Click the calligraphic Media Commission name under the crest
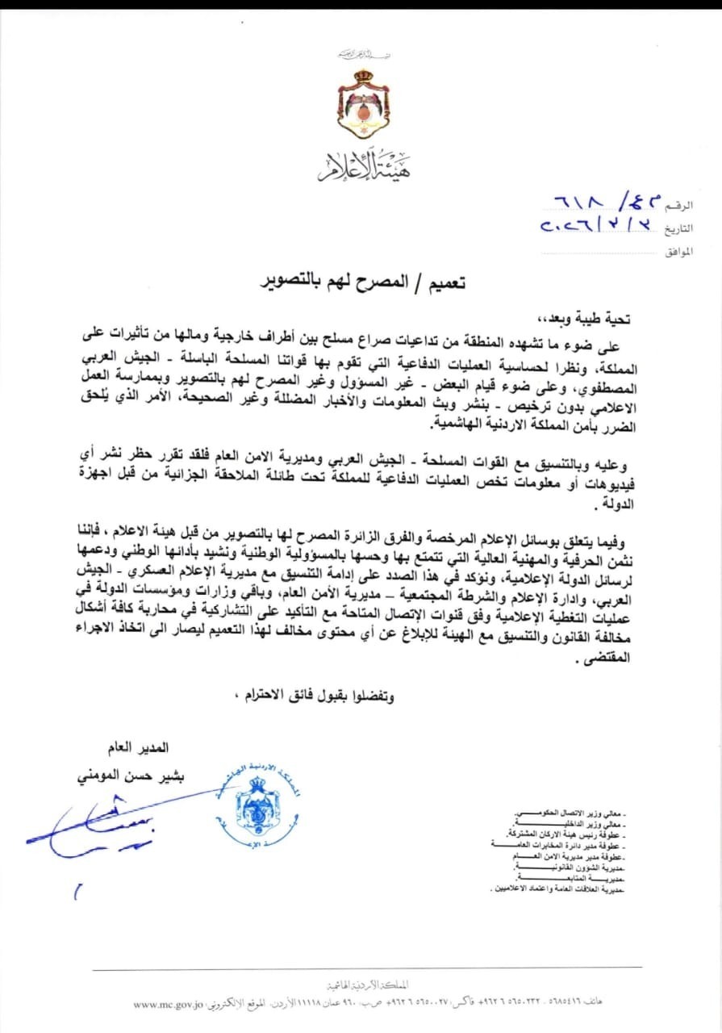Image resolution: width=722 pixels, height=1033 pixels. coord(361,166)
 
